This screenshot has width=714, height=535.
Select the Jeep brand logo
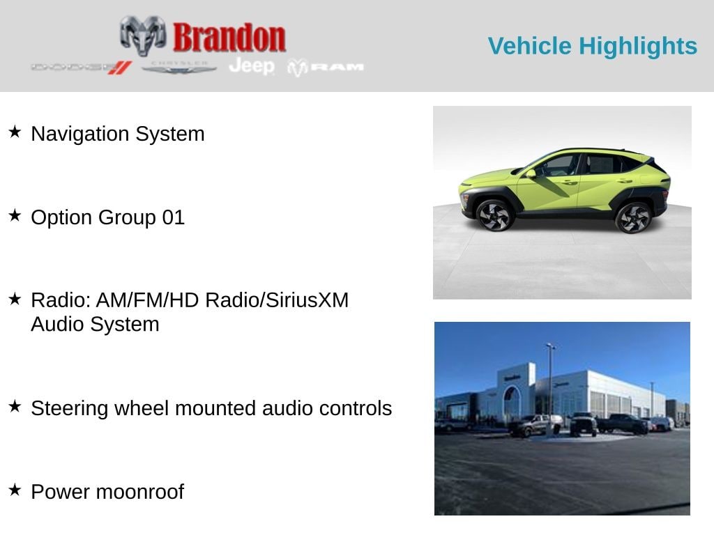[x=252, y=66]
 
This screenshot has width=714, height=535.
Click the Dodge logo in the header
[x=81, y=67]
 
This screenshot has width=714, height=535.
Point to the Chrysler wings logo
[x=179, y=67]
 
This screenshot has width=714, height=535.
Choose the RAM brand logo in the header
[x=326, y=67]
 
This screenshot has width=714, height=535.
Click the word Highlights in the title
[x=638, y=46]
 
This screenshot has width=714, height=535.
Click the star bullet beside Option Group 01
[x=15, y=216]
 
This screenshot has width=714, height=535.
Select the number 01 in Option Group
[x=173, y=217]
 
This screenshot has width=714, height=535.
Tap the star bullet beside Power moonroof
[x=15, y=490]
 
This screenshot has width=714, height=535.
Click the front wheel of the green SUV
[x=494, y=215]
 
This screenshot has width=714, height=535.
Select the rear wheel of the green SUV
[x=633, y=217]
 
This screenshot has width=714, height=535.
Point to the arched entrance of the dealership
[x=512, y=403]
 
